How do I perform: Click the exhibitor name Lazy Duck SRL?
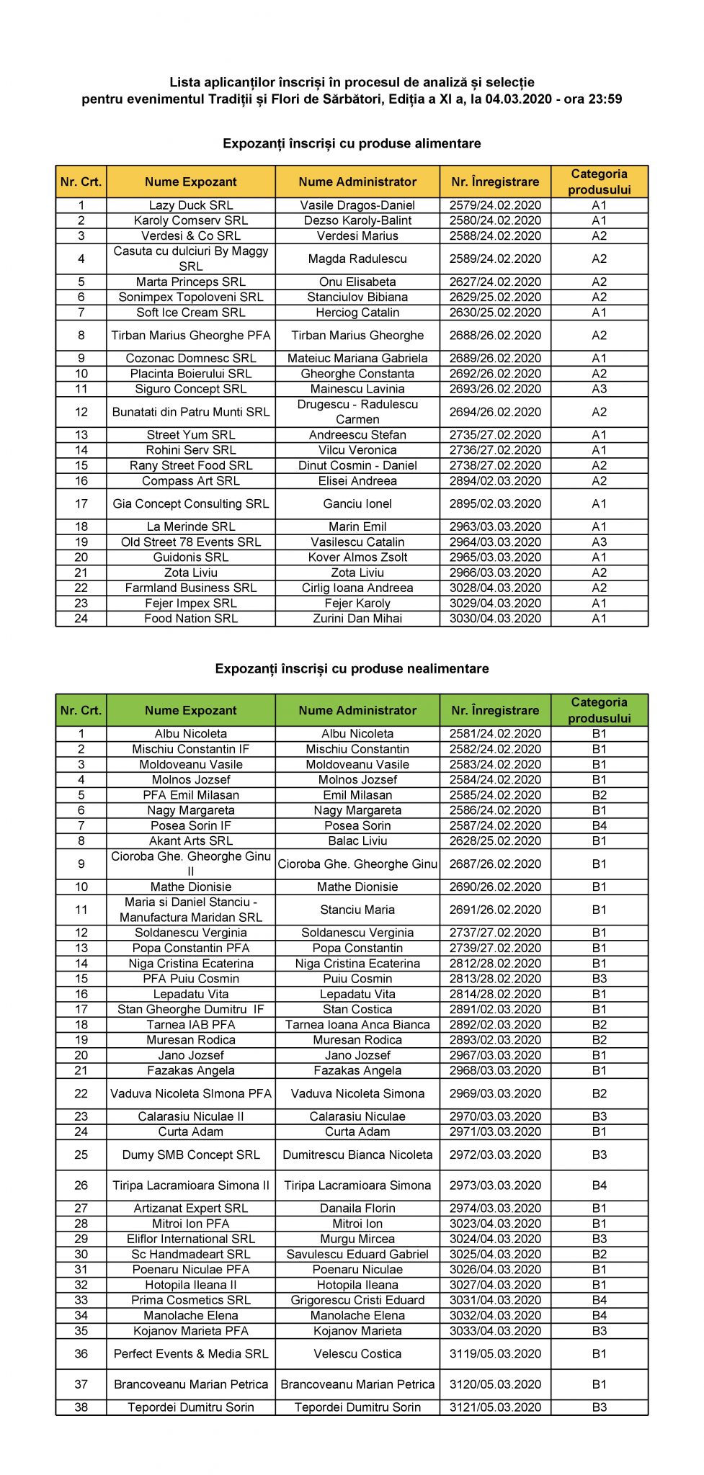(x=191, y=205)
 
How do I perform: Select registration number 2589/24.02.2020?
(x=495, y=259)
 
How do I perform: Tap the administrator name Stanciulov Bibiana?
(x=357, y=297)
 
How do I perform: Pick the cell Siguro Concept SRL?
(x=191, y=389)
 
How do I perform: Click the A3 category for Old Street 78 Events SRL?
(x=599, y=542)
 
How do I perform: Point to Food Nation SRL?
(x=191, y=618)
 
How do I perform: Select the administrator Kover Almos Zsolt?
(x=357, y=557)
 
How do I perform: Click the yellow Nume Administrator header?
(x=357, y=182)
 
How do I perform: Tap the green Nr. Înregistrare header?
(x=495, y=710)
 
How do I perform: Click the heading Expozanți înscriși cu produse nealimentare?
(x=352, y=668)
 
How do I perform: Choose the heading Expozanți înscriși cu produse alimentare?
(x=352, y=143)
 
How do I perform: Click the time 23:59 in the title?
(x=605, y=99)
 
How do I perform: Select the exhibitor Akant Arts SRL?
(x=191, y=840)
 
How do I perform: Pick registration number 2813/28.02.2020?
(x=495, y=979)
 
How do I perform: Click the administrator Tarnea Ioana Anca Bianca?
(x=357, y=1024)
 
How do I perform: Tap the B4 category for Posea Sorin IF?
(x=599, y=825)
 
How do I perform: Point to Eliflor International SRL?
(x=191, y=1239)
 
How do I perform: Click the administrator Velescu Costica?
(x=357, y=1353)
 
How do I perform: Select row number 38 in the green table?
(x=81, y=1407)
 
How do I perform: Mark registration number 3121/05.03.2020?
(x=495, y=1407)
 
